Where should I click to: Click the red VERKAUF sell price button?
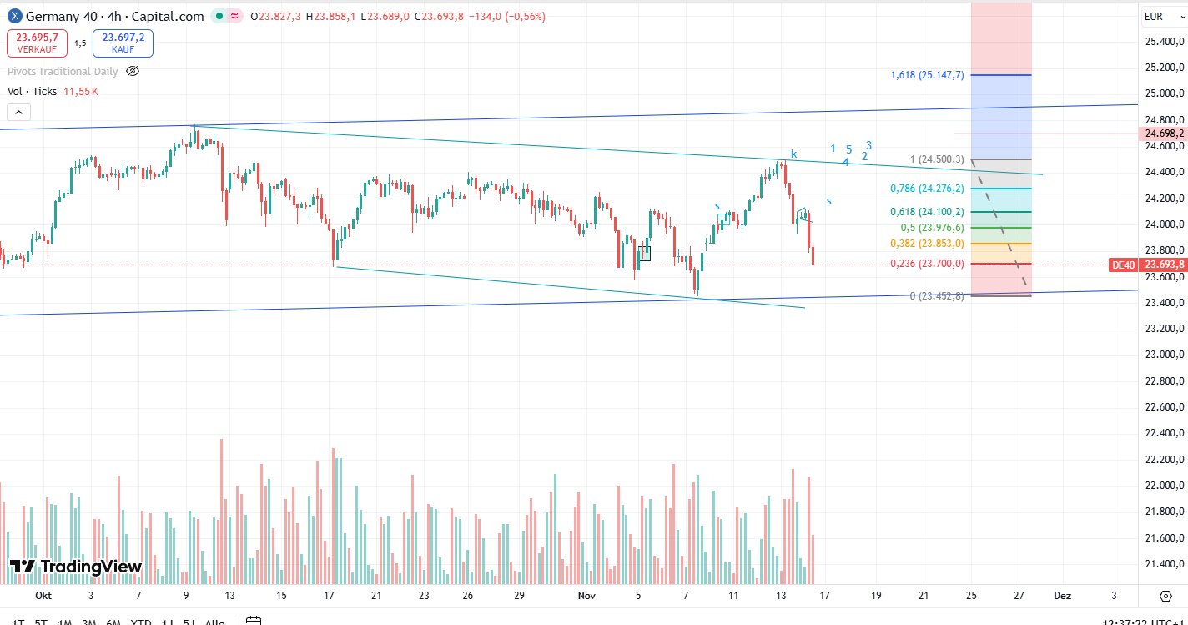pyautogui.click(x=38, y=43)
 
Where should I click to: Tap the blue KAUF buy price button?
pyautogui.click(x=123, y=43)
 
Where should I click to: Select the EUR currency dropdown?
pyautogui.click(x=1154, y=16)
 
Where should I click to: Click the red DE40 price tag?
pyautogui.click(x=1123, y=265)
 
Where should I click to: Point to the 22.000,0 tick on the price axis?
pyautogui.click(x=1165, y=486)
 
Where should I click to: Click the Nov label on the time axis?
pyautogui.click(x=586, y=596)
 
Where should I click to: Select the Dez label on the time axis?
pyautogui.click(x=1062, y=596)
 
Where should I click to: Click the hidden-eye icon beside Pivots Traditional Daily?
pyautogui.click(x=133, y=71)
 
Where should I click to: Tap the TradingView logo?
pyautogui.click(x=76, y=567)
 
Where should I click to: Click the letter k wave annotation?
pyautogui.click(x=793, y=154)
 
